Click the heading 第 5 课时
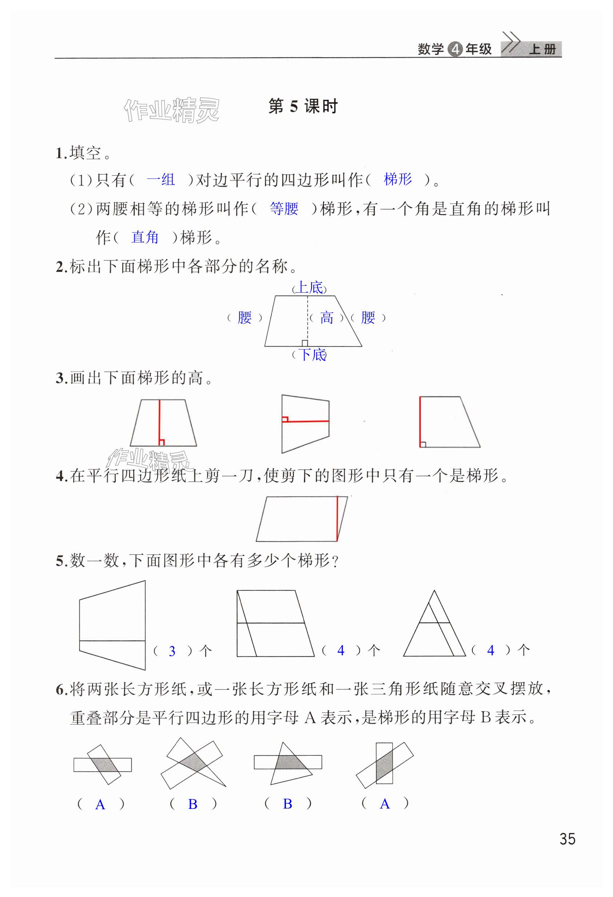[303, 107]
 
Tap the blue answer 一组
[161, 180]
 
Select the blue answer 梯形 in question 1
[398, 179]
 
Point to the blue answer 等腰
[284, 209]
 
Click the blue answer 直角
[145, 237]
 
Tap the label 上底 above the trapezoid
[310, 288]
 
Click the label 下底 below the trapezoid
[312, 355]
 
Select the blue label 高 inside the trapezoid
[326, 318]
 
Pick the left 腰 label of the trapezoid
[244, 318]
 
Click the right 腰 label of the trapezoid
[368, 318]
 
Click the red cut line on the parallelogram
[337, 518]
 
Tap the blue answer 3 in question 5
[172, 652]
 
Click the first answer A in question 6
[100, 805]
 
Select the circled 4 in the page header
[455, 50]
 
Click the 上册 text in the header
[542, 50]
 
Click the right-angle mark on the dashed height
[305, 343]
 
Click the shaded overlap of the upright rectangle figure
[384, 764]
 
